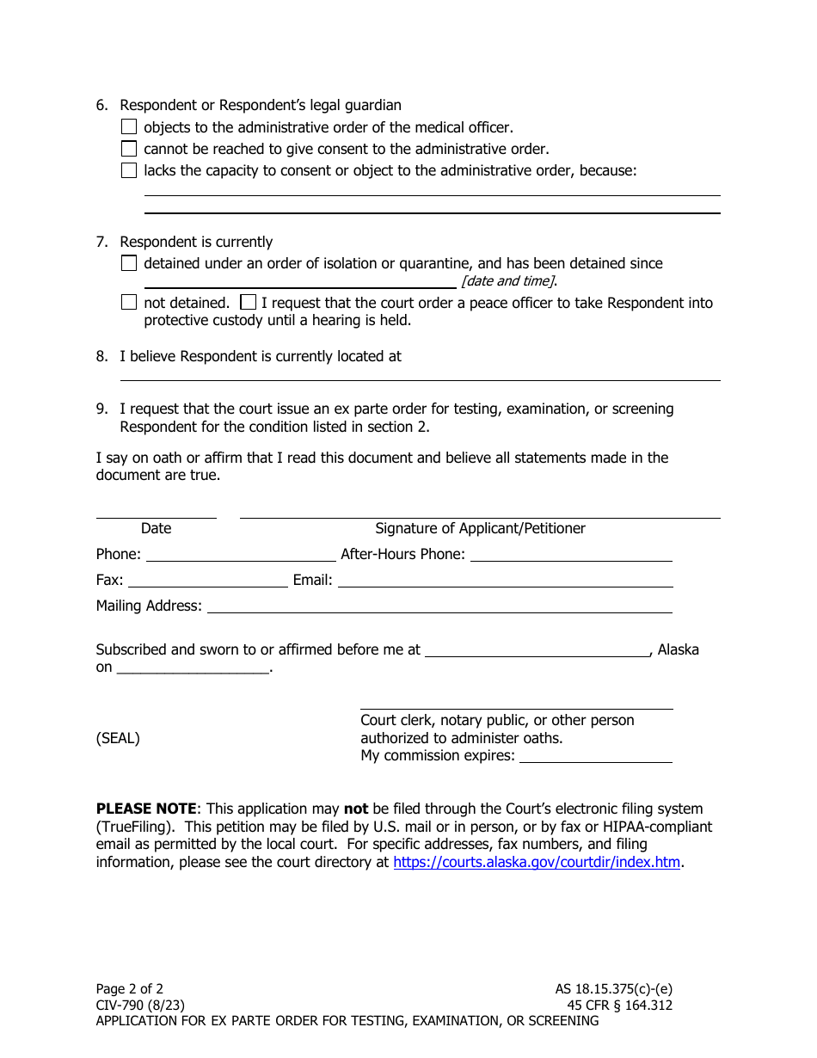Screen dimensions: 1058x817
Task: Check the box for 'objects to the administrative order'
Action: coord(129,127)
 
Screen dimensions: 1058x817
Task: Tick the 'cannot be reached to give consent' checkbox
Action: coord(129,149)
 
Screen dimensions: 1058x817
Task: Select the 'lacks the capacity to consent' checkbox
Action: coord(129,170)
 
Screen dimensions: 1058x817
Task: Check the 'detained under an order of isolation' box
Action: coord(129,263)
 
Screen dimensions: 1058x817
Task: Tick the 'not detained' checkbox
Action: coord(129,303)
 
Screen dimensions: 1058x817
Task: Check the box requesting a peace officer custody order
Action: coord(248,303)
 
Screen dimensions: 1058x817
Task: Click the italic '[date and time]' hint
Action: coord(508,281)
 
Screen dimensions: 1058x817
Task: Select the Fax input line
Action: coord(207,580)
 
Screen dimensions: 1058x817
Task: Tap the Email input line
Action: coord(505,580)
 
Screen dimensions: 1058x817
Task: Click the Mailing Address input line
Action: coord(439,606)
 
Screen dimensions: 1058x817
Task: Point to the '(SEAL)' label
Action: coord(118,738)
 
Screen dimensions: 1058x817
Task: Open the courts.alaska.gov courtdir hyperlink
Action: coord(537,862)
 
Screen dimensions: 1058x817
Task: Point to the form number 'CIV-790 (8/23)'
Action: coord(140,1005)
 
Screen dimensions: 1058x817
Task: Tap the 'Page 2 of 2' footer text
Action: coord(129,989)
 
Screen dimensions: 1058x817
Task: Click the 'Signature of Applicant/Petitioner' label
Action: coord(480,528)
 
